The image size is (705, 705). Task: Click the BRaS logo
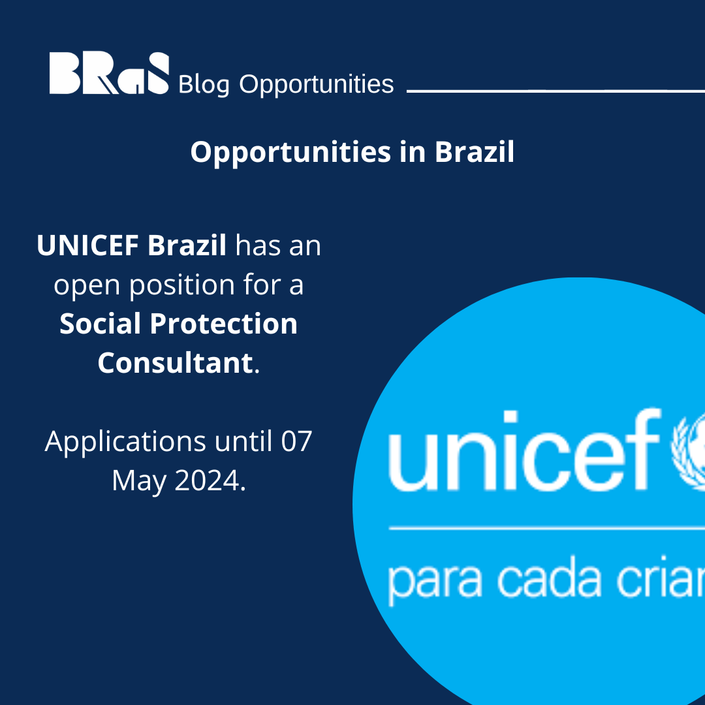(x=109, y=74)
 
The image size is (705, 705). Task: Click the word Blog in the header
(x=203, y=85)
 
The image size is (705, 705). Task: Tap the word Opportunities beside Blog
(x=317, y=85)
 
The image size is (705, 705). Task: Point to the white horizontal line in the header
(x=555, y=91)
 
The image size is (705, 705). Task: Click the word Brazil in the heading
(x=474, y=152)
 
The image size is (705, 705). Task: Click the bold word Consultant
(x=174, y=363)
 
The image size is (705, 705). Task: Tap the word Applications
(x=125, y=441)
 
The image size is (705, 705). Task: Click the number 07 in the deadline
(x=297, y=441)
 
